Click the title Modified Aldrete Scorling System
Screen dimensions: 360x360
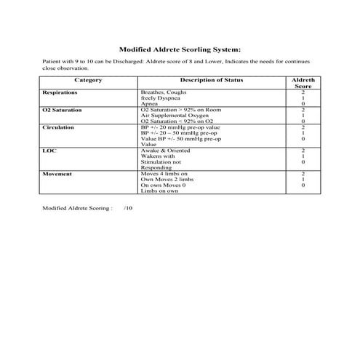179,48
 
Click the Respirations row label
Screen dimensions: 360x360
60,93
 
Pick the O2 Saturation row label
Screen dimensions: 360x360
62,110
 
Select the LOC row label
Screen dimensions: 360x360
49,150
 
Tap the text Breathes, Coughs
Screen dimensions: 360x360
163,93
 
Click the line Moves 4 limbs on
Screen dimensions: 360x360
164,175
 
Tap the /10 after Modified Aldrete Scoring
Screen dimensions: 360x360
128,208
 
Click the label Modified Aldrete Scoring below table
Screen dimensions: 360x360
77,208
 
